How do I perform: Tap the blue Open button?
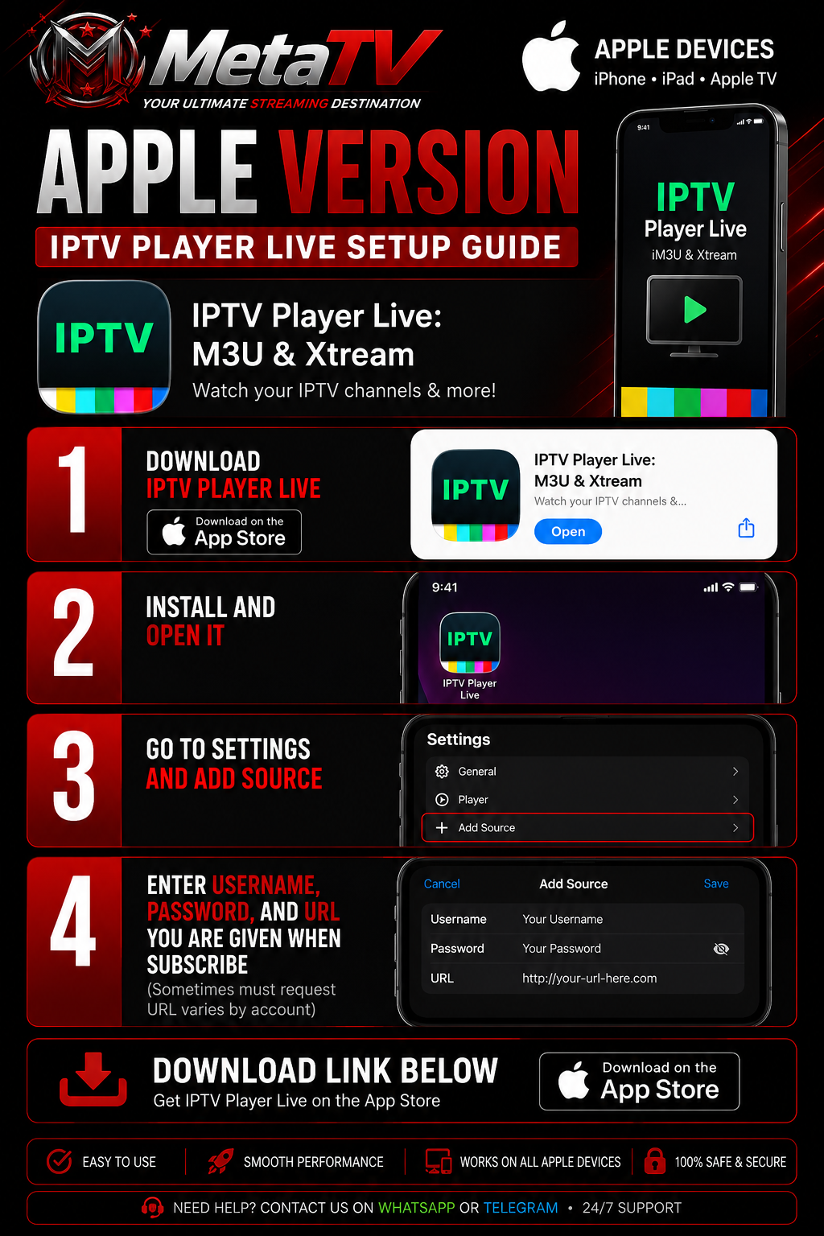click(568, 531)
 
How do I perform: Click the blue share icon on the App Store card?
click(746, 528)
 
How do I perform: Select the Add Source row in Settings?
click(587, 827)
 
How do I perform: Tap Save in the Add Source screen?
click(716, 884)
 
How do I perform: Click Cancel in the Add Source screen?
click(442, 884)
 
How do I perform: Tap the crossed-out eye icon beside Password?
click(721, 949)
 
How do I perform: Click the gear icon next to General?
click(442, 772)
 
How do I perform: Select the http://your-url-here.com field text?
click(590, 978)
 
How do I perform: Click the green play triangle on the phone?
click(695, 309)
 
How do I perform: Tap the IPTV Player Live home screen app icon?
click(470, 642)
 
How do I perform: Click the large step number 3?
click(73, 776)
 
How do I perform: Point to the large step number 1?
click(74, 489)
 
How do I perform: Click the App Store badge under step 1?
click(224, 532)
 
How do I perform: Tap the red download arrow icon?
click(93, 1079)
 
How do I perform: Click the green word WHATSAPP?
click(416, 1208)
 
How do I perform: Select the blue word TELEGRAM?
click(521, 1208)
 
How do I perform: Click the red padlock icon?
click(654, 1161)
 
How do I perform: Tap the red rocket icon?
click(220, 1161)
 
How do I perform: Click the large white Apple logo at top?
click(550, 56)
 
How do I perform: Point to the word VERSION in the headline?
click(428, 172)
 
